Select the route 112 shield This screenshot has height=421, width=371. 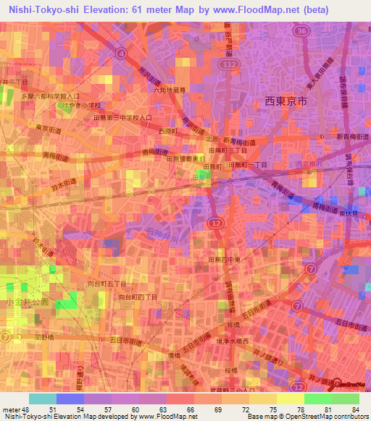[x=230, y=65]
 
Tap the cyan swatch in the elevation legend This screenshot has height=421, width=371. [x=43, y=399]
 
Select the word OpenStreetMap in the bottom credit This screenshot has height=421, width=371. [x=335, y=417]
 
